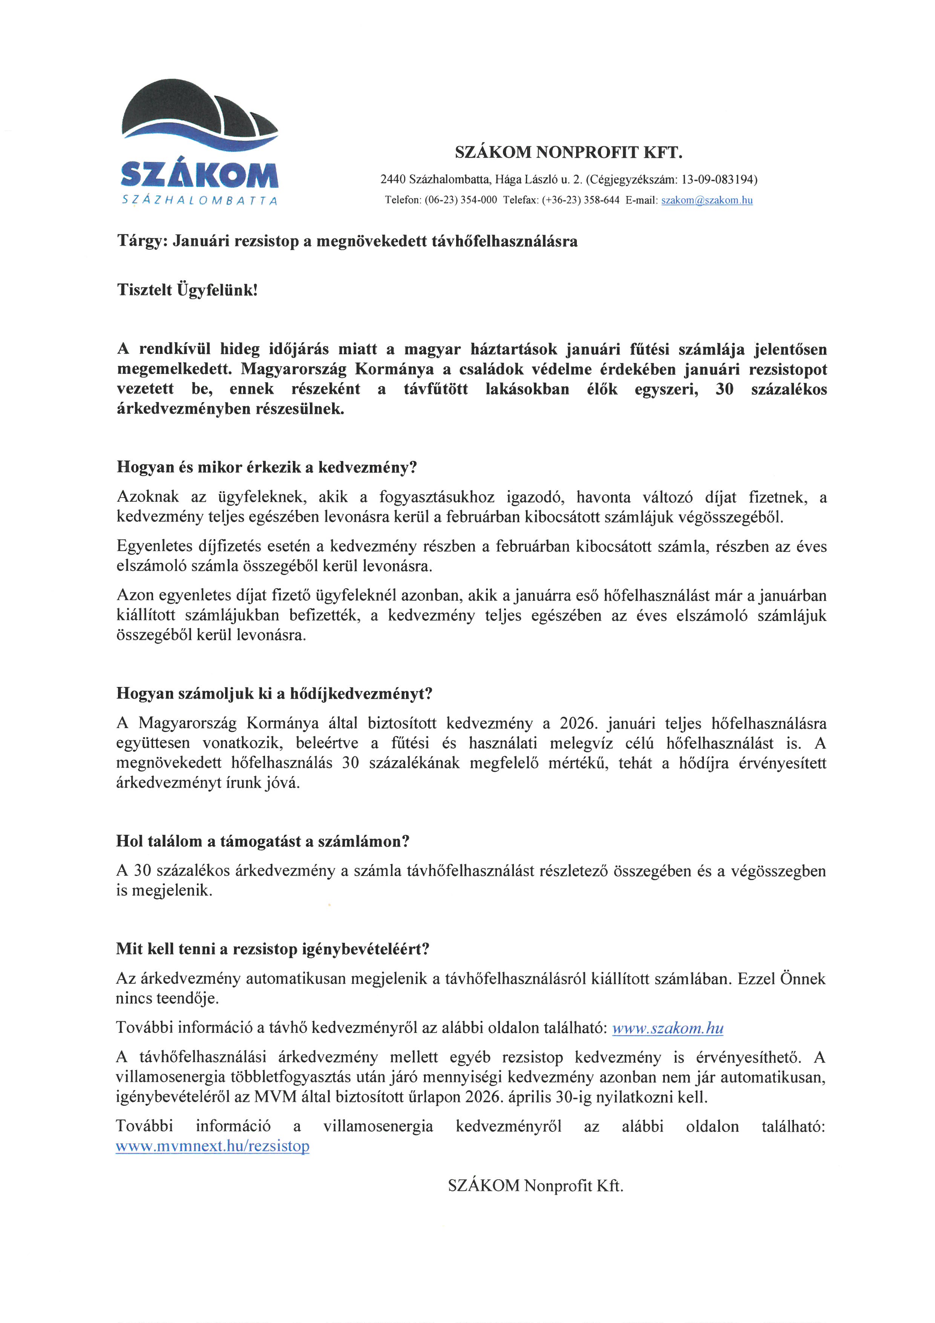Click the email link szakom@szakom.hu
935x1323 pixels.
707,201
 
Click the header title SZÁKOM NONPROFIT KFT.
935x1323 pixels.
568,153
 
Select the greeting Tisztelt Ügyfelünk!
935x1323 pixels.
187,290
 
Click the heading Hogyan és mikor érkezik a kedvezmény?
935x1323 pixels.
267,467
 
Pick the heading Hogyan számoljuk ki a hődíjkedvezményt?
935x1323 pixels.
274,693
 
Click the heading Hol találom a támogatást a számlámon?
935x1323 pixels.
262,841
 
